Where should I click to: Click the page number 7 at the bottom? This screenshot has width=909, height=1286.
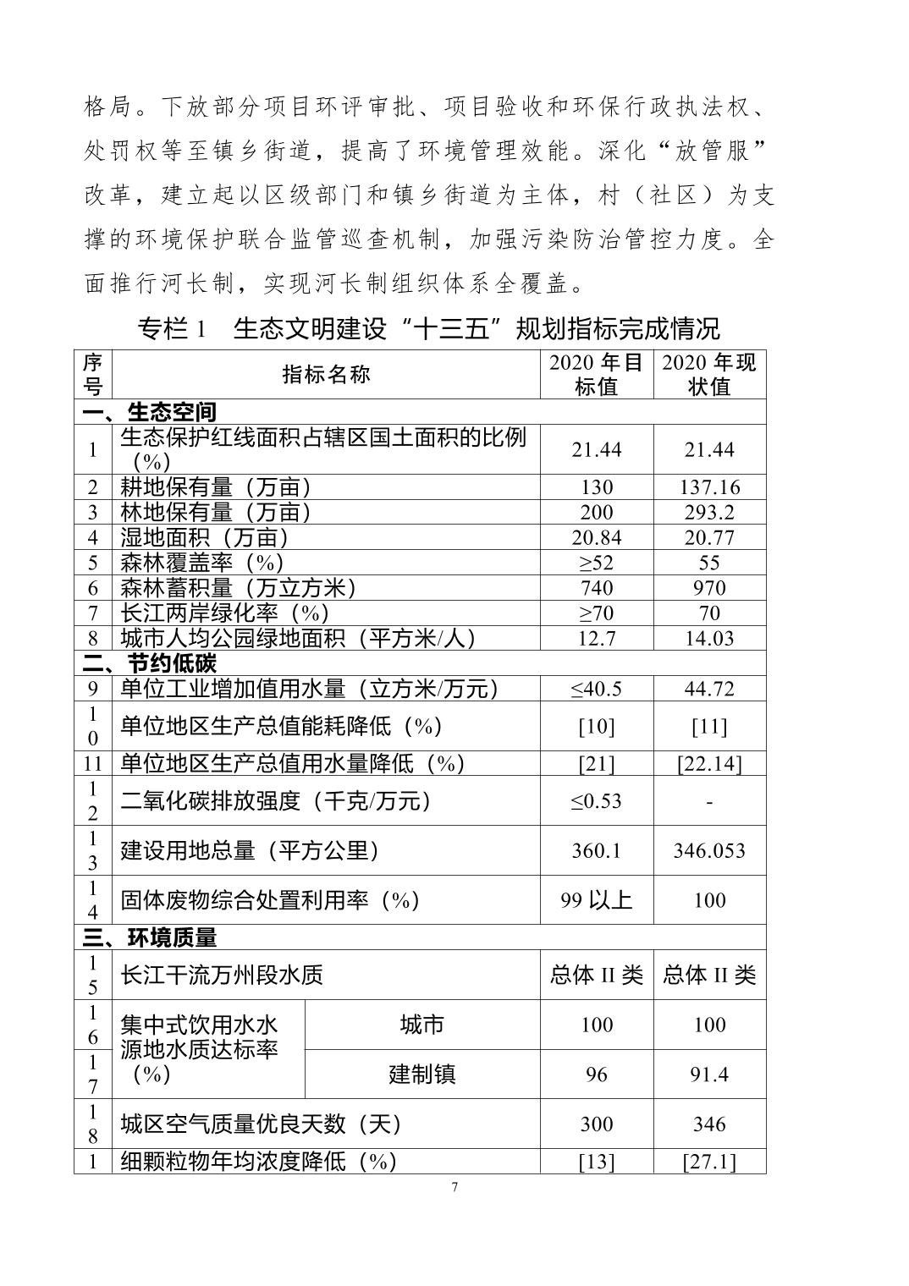click(454, 1187)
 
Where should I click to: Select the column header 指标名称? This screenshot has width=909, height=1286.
click(326, 375)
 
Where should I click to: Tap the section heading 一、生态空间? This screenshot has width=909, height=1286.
click(150, 412)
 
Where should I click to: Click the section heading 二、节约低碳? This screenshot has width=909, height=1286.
click(150, 663)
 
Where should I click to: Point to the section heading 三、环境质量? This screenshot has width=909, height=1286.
click(150, 937)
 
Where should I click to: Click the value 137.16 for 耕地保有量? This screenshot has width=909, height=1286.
click(709, 487)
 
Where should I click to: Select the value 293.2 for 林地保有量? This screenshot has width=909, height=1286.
click(709, 513)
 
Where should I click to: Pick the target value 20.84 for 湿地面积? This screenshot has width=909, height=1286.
click(596, 538)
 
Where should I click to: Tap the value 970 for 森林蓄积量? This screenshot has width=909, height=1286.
click(709, 588)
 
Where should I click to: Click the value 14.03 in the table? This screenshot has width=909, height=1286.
click(709, 639)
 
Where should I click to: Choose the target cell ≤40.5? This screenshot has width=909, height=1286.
click(596, 689)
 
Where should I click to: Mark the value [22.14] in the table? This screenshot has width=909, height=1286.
click(709, 764)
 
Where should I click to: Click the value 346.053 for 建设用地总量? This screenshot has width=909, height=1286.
click(709, 850)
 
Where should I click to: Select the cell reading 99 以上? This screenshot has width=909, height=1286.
click(596, 900)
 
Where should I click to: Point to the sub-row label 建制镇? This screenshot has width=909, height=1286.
click(421, 1074)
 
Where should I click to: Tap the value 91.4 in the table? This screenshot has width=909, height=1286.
click(709, 1074)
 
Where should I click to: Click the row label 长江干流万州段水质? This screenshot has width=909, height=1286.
click(222, 975)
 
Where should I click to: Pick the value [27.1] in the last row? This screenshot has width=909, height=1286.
click(709, 1162)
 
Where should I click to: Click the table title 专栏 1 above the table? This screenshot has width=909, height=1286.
click(172, 329)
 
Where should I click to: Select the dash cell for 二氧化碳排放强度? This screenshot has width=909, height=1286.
click(709, 801)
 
